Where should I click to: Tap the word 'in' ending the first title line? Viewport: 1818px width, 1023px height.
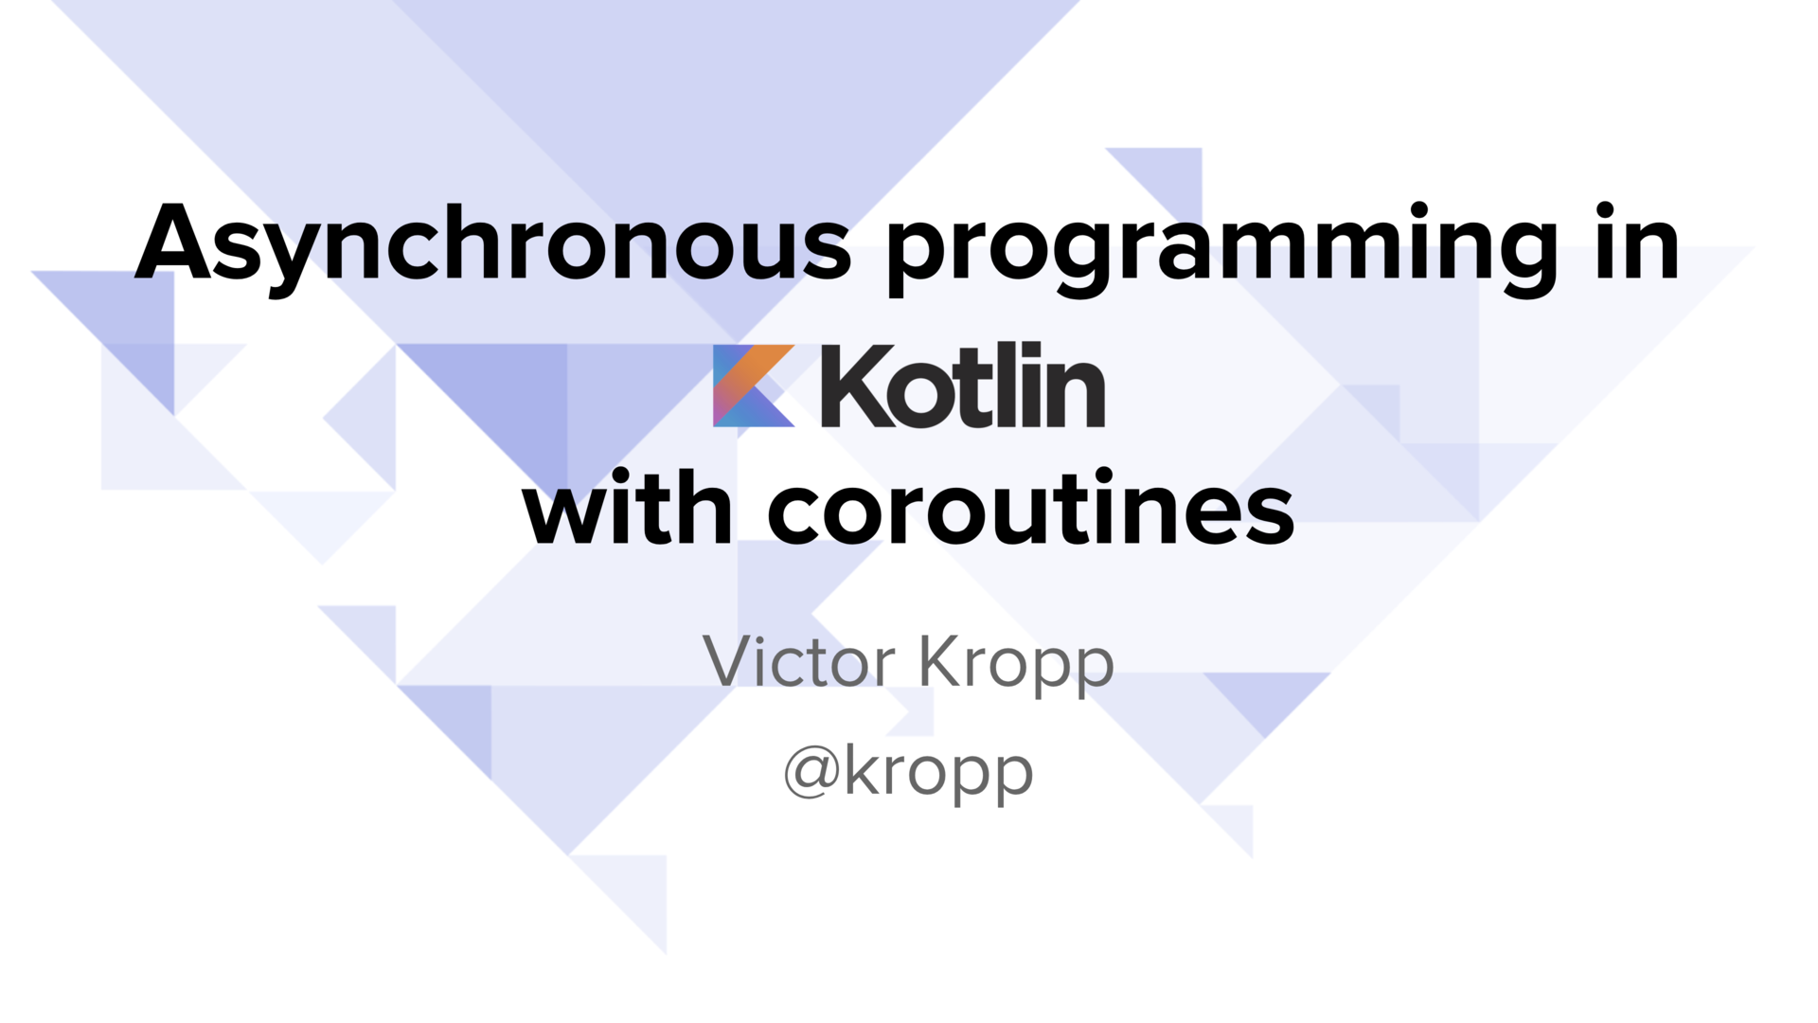pyautogui.click(x=1637, y=241)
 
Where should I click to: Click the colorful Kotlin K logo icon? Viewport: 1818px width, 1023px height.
pyautogui.click(x=754, y=386)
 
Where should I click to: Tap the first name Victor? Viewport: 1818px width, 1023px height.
pyautogui.click(x=799, y=660)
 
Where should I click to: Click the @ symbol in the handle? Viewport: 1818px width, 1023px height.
pyautogui.click(x=811, y=772)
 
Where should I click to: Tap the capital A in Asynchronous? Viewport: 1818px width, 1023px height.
pyautogui.click(x=172, y=242)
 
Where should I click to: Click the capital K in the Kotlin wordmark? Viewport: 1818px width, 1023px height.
pyautogui.click(x=857, y=386)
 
